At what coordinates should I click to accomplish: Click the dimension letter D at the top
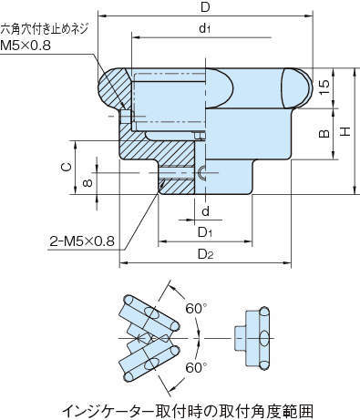click(x=205, y=7)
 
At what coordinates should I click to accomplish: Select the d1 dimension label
click(x=205, y=28)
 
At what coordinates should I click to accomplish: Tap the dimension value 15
click(x=324, y=87)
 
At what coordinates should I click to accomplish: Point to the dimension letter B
click(x=324, y=133)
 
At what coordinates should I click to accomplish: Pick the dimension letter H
click(x=345, y=131)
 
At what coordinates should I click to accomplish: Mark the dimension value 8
click(x=87, y=183)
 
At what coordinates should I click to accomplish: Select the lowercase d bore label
click(x=206, y=210)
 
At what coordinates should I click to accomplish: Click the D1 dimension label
click(x=205, y=232)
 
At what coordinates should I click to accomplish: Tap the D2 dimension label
click(x=206, y=254)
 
